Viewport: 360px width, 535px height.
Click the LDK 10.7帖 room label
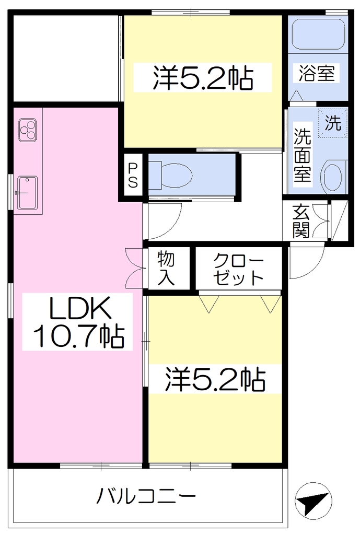77,322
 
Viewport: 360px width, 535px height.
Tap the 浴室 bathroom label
317,73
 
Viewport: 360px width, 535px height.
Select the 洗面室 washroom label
303,155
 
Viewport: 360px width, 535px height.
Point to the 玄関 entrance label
301,221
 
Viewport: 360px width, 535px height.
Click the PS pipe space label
132,176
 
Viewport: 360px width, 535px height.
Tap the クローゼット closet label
238,269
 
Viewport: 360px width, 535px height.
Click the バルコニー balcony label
146,496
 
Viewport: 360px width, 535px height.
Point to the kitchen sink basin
27,192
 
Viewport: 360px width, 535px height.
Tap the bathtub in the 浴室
317,33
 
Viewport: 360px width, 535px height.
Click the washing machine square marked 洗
333,123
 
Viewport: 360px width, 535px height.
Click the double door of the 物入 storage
135,268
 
